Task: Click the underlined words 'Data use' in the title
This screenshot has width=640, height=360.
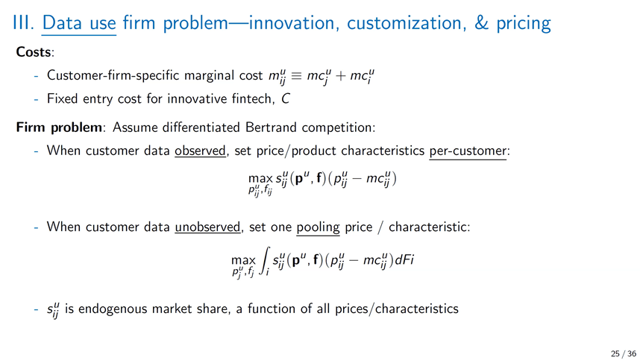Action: (79, 23)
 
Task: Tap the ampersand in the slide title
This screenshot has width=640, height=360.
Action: (481, 23)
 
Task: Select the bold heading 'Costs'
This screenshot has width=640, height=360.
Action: (34, 52)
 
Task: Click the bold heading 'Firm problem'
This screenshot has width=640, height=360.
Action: (59, 127)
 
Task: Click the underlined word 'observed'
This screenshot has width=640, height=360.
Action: (200, 151)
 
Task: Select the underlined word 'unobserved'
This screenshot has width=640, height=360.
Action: (207, 227)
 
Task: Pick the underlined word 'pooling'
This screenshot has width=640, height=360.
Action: (318, 227)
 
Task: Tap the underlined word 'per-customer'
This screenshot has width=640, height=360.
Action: (468, 151)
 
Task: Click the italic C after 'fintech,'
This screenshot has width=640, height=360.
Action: (285, 99)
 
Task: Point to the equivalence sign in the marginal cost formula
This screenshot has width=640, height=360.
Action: (296, 76)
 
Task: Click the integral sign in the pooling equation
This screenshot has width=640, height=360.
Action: (265, 261)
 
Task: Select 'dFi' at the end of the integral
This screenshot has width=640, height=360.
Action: (404, 260)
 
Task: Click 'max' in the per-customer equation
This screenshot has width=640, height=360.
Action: (260, 179)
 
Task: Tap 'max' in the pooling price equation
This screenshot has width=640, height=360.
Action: (243, 260)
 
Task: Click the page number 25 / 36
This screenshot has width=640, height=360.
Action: (624, 353)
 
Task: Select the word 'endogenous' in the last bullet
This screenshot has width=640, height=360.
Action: (113, 309)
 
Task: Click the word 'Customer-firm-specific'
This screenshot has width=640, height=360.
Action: (113, 76)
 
